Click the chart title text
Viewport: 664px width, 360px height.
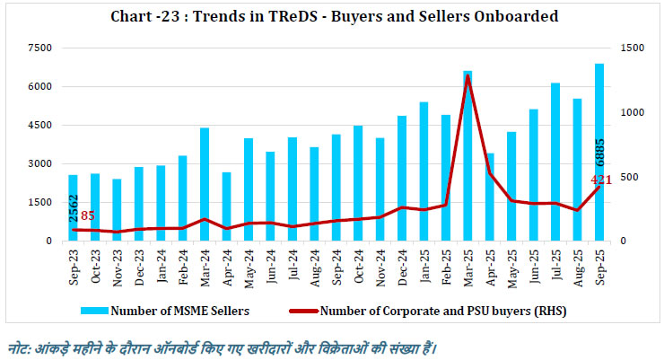pos(333,16)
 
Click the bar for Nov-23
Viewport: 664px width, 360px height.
pos(117,208)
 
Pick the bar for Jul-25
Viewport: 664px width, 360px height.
pos(555,162)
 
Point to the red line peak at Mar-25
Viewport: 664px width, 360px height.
pos(467,76)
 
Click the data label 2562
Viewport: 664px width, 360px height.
pos(73,192)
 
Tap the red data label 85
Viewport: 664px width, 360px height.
pos(88,215)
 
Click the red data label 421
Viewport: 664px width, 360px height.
pos(600,181)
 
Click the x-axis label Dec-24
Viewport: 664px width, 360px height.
pos(402,263)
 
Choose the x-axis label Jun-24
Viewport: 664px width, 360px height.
pos(271,263)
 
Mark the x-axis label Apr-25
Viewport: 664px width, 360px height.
pos(490,263)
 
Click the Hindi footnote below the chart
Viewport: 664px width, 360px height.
pos(224,346)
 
